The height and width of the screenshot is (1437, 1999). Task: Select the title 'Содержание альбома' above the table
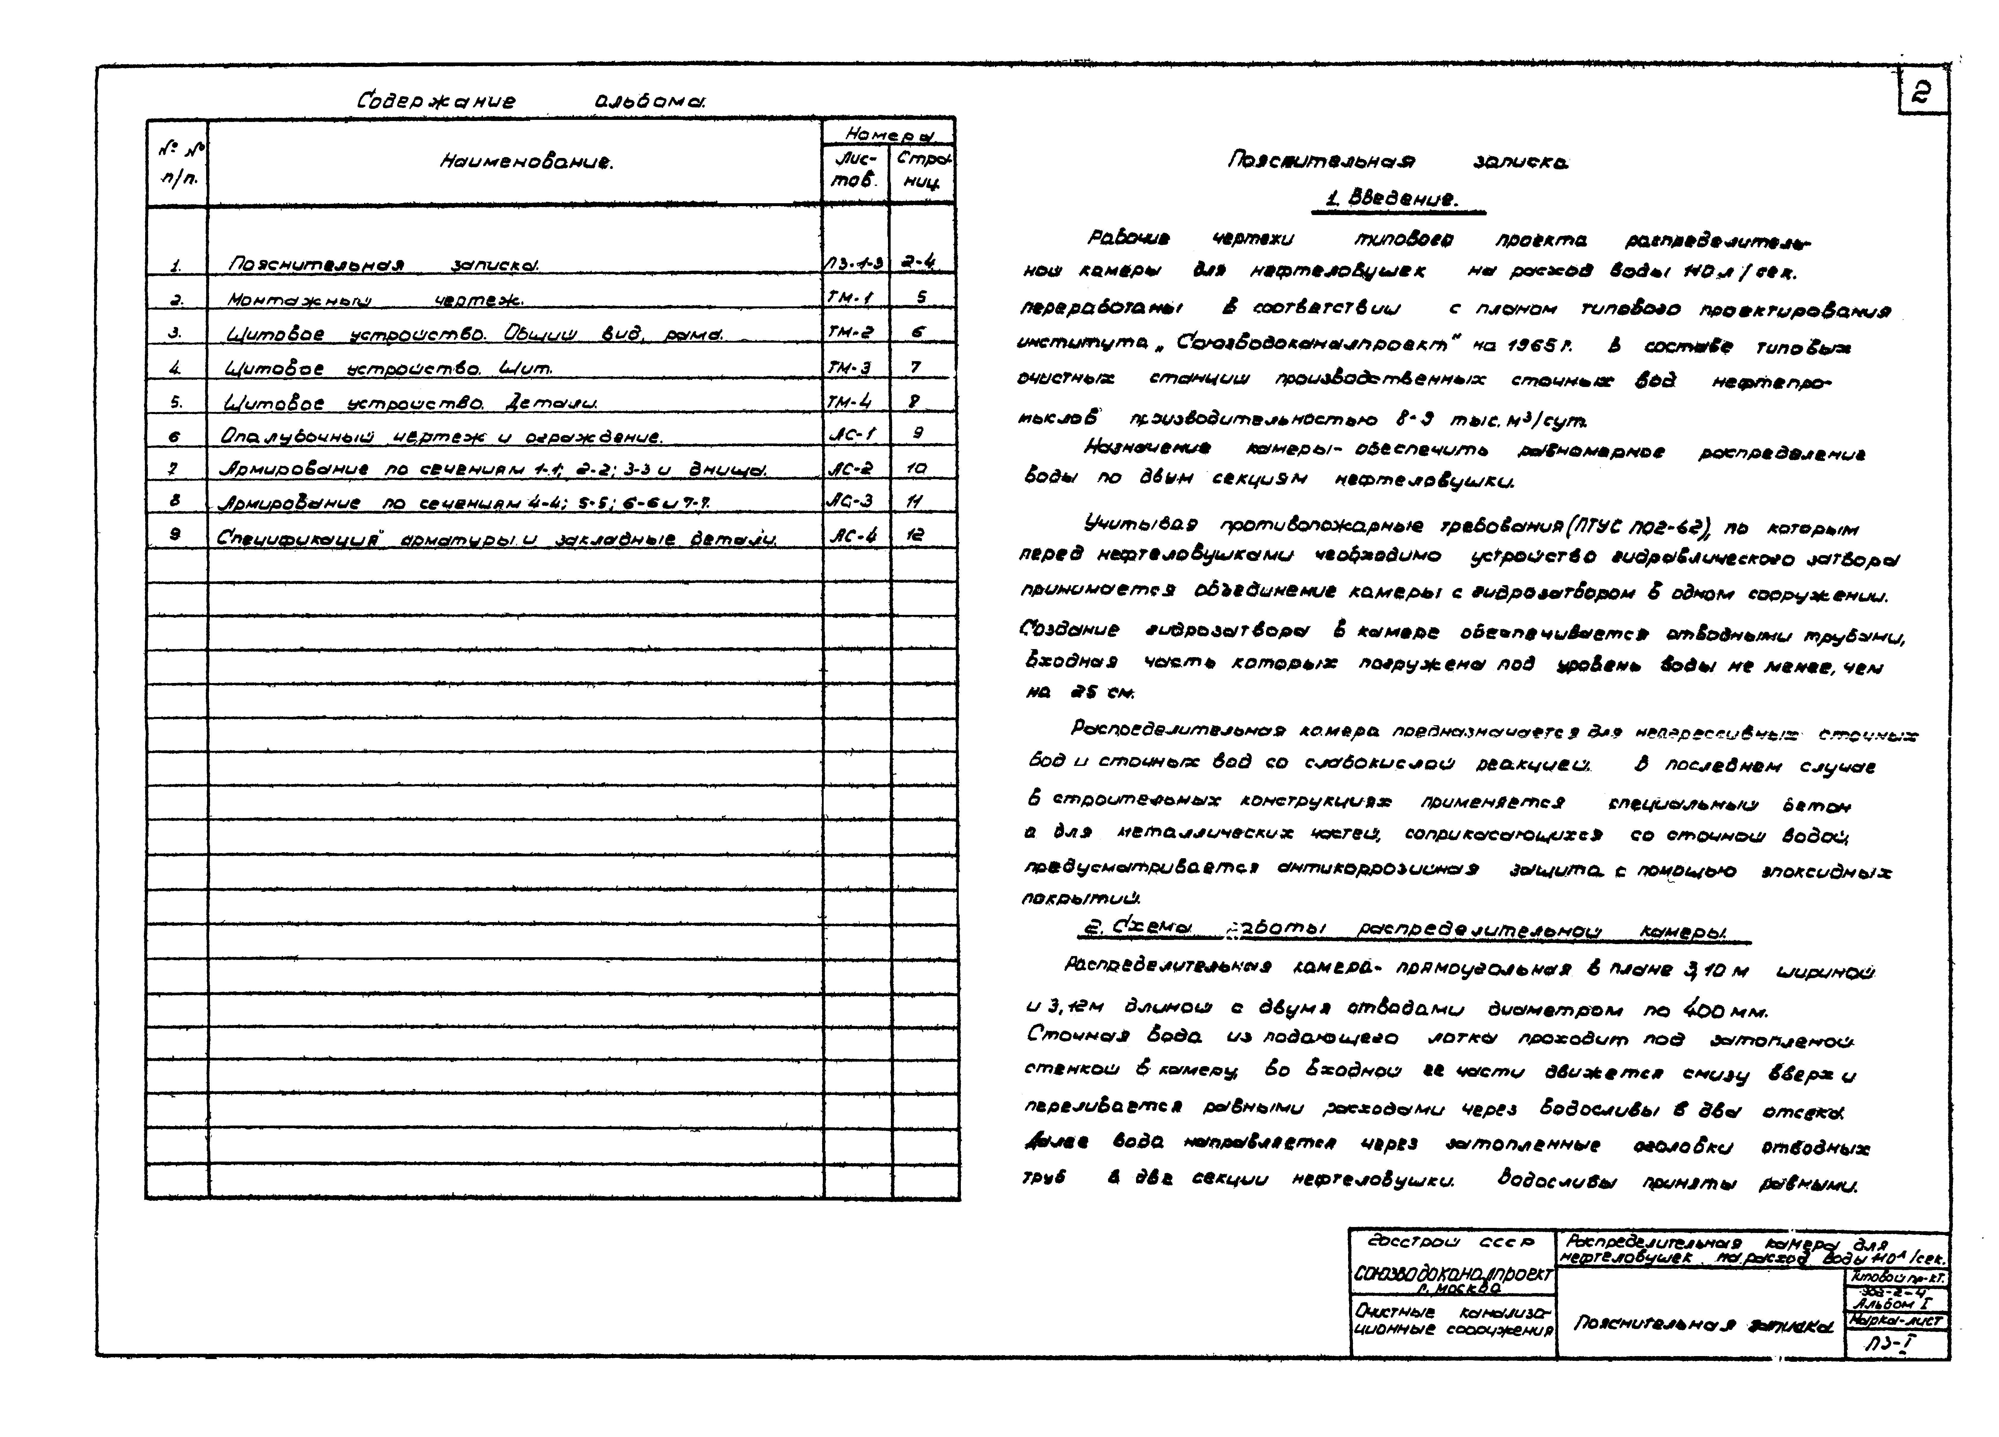point(532,101)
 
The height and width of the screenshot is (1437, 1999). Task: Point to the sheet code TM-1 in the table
point(849,298)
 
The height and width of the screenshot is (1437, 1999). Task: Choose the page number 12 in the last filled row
point(916,535)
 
